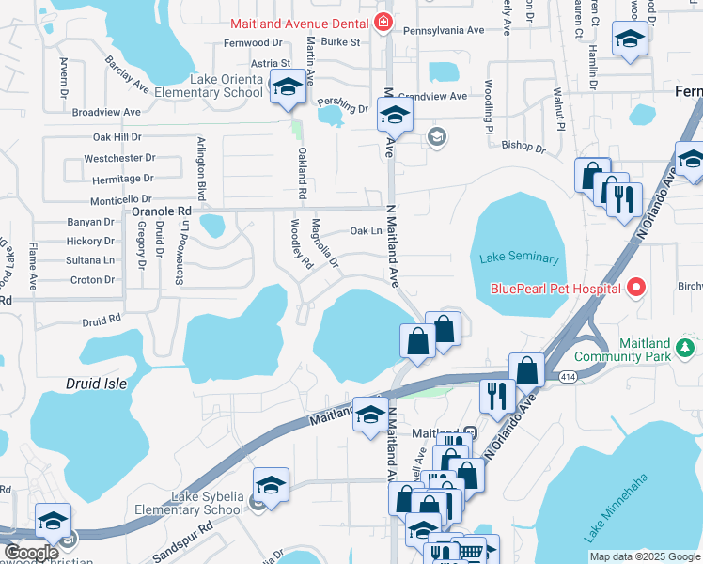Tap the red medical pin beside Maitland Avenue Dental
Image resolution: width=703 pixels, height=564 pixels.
(x=383, y=22)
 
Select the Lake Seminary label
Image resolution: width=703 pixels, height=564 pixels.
(x=519, y=258)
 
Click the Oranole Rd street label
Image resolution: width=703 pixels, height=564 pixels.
(x=159, y=212)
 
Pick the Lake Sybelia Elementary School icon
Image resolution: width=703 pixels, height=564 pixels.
(x=271, y=486)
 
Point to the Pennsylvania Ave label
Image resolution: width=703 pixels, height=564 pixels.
(x=444, y=30)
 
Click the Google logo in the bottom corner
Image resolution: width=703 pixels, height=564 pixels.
(x=31, y=553)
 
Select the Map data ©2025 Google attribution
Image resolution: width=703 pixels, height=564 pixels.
(x=645, y=556)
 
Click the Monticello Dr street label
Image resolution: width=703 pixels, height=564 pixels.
(x=120, y=200)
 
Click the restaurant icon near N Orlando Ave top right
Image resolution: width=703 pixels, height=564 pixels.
(x=624, y=198)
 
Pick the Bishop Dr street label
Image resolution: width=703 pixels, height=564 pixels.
(x=523, y=147)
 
